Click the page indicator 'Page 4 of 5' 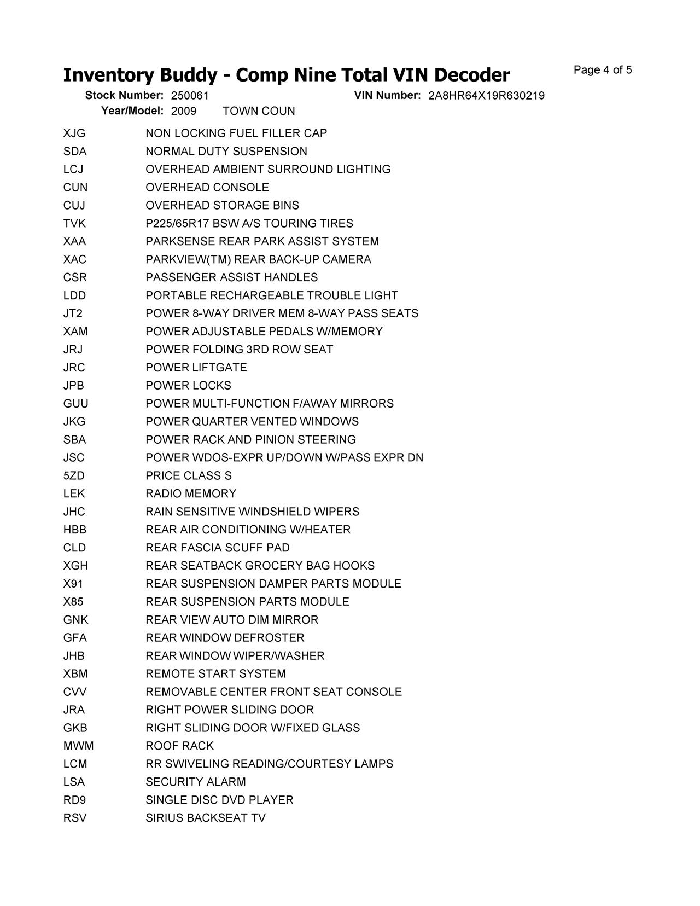tap(603, 70)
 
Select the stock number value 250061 tap(190, 96)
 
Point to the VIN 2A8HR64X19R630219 tap(486, 96)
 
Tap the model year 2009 tap(184, 111)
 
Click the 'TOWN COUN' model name tap(259, 111)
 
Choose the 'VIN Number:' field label tap(387, 95)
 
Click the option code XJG tap(74, 133)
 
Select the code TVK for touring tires tap(74, 224)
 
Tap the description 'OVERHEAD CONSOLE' tap(207, 188)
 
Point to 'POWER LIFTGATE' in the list tap(196, 368)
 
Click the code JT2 tap(73, 313)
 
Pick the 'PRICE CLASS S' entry tap(189, 475)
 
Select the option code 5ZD tap(74, 475)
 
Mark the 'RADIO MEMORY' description tap(191, 493)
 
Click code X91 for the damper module tap(73, 584)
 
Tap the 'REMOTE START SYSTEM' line tap(215, 673)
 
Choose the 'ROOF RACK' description tap(179, 746)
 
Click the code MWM tap(78, 746)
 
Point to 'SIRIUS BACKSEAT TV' tap(206, 818)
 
